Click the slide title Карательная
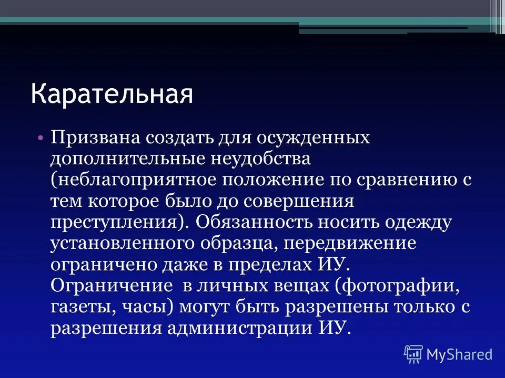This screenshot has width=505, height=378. coord(112,95)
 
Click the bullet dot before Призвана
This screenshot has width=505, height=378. coord(40,138)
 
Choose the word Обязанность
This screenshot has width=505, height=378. coord(252,221)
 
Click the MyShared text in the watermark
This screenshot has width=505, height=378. coord(459,354)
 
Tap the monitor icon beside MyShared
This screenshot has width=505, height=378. coord(413,354)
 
